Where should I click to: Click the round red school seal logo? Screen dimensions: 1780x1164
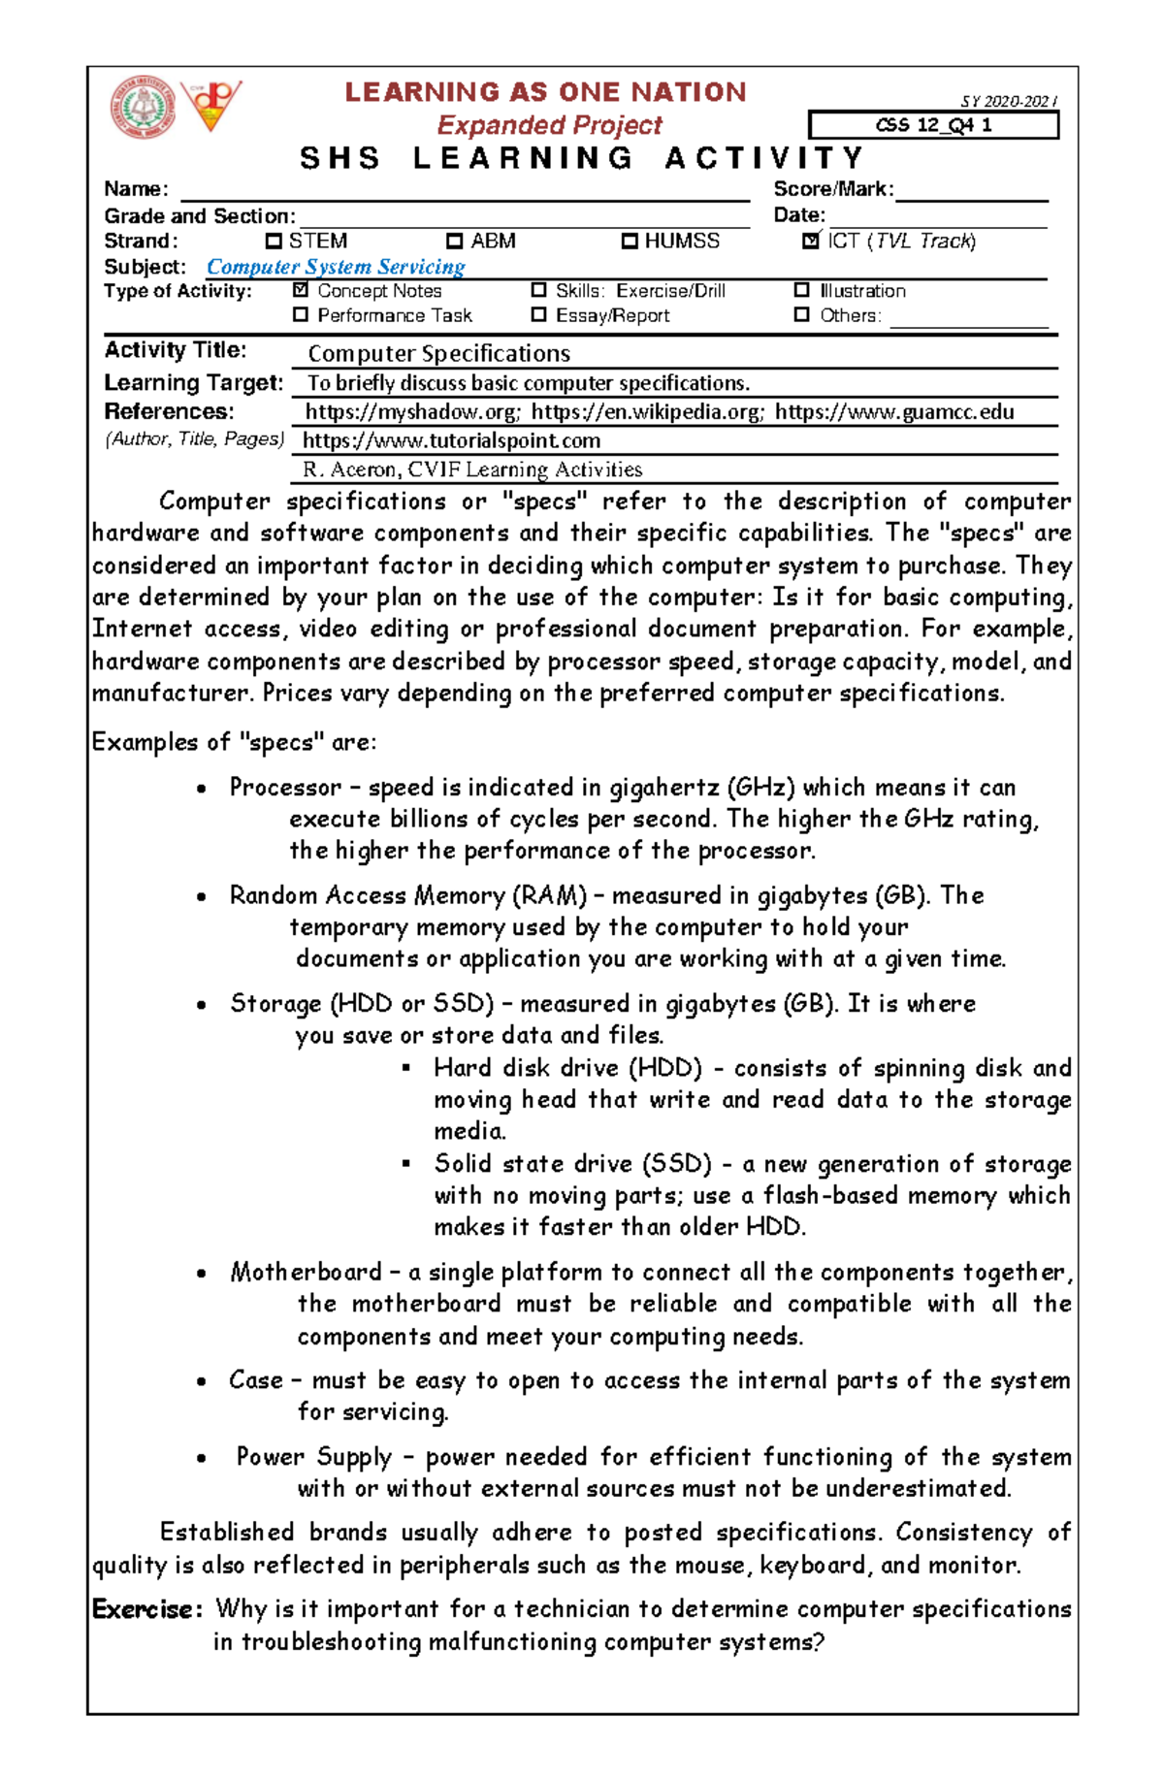[x=143, y=107]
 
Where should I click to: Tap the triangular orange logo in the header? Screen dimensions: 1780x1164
[x=210, y=105]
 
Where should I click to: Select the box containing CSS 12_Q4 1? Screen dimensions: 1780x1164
[x=932, y=125]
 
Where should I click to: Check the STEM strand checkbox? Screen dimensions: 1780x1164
[x=274, y=241]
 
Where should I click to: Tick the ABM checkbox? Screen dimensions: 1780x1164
[x=454, y=241]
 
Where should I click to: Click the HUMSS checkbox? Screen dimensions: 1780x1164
[x=630, y=241]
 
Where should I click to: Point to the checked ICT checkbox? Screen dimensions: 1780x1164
[x=811, y=241]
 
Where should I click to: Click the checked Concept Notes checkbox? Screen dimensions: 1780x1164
[x=301, y=290]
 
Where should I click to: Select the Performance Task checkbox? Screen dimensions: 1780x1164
[x=301, y=314]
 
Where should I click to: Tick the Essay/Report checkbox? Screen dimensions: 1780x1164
[x=538, y=314]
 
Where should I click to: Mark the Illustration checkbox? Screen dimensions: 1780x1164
[x=801, y=290]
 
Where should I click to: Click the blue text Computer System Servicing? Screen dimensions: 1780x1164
[x=336, y=267]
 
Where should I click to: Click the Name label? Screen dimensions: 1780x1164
[x=136, y=189]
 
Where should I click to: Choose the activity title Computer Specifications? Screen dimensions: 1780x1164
[x=438, y=353]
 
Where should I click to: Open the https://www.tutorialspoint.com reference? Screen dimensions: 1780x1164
[x=452, y=440]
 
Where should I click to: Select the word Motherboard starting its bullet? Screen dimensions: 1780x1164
[x=306, y=1272]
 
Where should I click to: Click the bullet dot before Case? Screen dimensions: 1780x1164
[x=201, y=1381]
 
